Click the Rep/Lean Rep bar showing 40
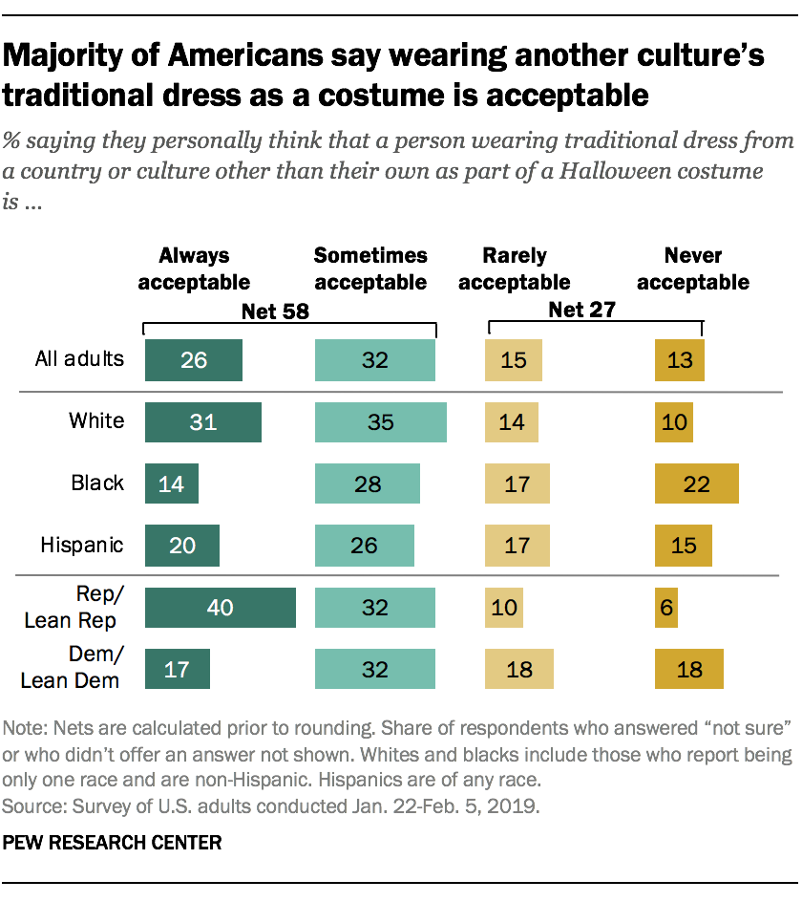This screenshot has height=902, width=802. click(220, 608)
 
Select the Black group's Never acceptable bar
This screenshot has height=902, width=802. click(696, 483)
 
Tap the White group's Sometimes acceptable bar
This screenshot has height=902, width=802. click(380, 421)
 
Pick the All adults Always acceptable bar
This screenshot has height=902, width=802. click(193, 360)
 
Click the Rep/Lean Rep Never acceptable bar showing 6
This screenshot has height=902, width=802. click(665, 608)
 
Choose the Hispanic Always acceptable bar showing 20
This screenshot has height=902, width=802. click(181, 546)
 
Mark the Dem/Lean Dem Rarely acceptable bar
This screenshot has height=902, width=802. click(520, 669)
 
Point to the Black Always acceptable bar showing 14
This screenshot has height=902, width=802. click(171, 483)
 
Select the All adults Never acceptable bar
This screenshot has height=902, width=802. click(679, 360)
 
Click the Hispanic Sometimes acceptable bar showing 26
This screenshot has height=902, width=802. click(364, 546)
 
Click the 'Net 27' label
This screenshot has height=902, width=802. click(580, 309)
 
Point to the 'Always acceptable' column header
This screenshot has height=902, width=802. click(195, 268)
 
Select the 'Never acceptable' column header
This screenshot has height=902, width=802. click(693, 268)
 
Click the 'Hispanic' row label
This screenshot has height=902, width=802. click(82, 546)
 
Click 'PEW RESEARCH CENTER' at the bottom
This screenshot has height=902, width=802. click(113, 843)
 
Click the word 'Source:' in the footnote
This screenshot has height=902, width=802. click(32, 805)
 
